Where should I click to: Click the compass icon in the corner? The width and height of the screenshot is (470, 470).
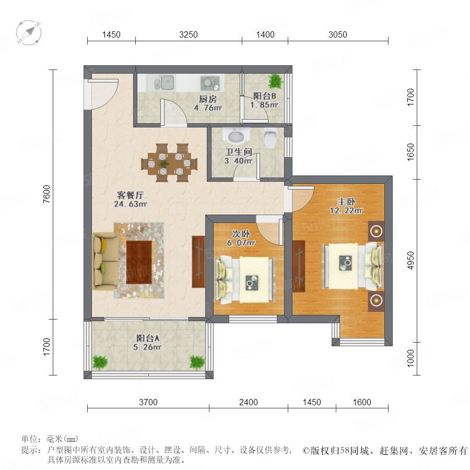point(29,32)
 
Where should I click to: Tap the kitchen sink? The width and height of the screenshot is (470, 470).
point(164,83)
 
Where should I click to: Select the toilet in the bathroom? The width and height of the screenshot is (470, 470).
point(271,138)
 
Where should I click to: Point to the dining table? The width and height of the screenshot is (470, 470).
point(169,163)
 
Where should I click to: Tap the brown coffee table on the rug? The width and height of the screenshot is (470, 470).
point(139,262)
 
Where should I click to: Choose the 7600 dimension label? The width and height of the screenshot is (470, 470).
point(47,194)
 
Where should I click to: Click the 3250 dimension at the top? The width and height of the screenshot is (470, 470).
point(188,35)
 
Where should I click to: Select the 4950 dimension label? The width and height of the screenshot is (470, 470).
point(410,260)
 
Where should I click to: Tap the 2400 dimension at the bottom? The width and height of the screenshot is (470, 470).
point(248,402)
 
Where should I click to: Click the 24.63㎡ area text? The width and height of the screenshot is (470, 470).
point(130,204)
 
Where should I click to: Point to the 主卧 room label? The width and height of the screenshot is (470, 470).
point(346,202)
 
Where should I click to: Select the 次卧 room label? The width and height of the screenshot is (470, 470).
point(241,234)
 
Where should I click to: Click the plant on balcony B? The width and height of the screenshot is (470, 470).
point(275,81)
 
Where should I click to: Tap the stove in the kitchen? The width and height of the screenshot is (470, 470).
point(210,83)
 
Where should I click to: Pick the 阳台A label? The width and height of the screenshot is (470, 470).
point(148,338)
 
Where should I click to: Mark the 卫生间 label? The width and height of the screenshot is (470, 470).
point(239,152)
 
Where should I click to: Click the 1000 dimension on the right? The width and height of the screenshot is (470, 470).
point(410,358)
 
